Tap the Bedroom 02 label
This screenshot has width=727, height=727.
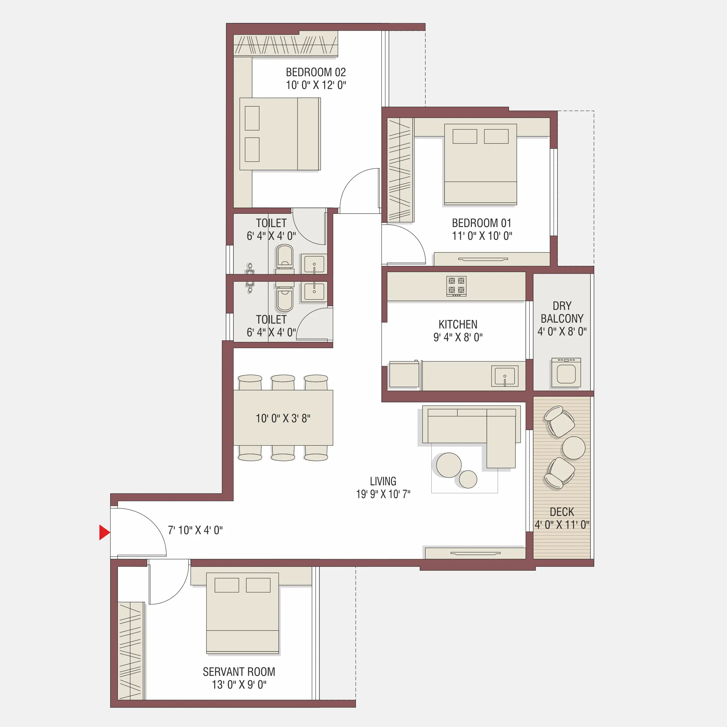point(316,72)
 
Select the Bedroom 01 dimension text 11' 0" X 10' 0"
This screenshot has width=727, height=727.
point(482,236)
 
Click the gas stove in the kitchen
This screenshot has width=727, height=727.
point(456,286)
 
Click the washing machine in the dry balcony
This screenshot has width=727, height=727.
point(566,372)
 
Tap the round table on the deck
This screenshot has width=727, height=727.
point(573,448)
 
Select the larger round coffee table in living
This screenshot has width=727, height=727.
point(449,465)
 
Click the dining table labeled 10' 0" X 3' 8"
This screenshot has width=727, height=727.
point(283,418)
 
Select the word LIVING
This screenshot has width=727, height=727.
point(383,481)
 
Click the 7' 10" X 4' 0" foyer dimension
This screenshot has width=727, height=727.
point(195,530)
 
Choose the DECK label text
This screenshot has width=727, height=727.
point(562,512)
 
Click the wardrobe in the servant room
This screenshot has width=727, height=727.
point(131,651)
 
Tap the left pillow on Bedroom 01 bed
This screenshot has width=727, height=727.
point(464,136)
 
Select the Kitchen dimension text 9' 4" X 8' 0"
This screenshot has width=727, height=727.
point(458,337)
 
